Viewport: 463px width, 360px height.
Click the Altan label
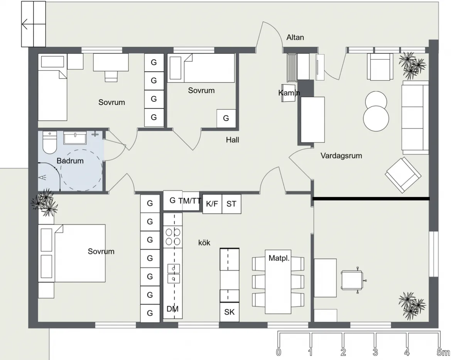pyautogui.click(x=295, y=37)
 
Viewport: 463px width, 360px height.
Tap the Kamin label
pyautogui.click(x=289, y=93)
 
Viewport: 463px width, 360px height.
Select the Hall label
pyautogui.click(x=232, y=140)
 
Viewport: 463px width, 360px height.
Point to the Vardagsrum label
pyautogui.click(x=341, y=156)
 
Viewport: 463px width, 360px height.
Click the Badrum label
pyautogui.click(x=70, y=161)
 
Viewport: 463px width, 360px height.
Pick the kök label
pyautogui.click(x=204, y=243)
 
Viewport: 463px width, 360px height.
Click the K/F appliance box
pyautogui.click(x=212, y=204)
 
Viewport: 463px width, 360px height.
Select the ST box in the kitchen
pyautogui.click(x=231, y=204)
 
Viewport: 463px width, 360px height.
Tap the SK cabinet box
pyautogui.click(x=230, y=312)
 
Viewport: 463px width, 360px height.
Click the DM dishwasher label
pyautogui.click(x=172, y=309)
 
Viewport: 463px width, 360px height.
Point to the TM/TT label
pyautogui.click(x=189, y=201)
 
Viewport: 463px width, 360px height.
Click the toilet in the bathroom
pyautogui.click(x=50, y=142)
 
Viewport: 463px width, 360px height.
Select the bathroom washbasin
pyautogui.click(x=75, y=138)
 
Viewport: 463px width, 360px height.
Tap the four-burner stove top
pyautogui.click(x=173, y=237)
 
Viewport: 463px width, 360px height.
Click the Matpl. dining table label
pyautogui.click(x=279, y=258)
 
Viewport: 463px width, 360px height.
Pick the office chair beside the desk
pyautogui.click(x=353, y=281)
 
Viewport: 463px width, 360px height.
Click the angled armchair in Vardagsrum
pyautogui.click(x=403, y=175)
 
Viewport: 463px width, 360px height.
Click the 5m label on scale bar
pyautogui.click(x=443, y=352)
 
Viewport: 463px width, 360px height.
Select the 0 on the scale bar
pyautogui.click(x=279, y=352)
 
